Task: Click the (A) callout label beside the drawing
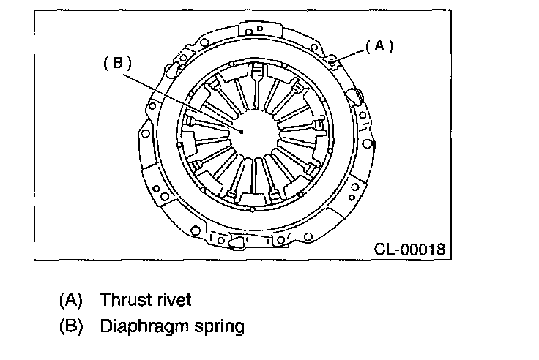pos(379,45)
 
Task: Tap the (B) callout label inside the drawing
pos(117,64)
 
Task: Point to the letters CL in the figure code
pos(384,249)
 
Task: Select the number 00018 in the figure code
pos(423,249)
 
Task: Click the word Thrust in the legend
pos(124,299)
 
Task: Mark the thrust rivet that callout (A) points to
pos(332,63)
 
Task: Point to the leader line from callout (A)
pos(349,54)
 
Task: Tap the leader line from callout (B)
pos(183,99)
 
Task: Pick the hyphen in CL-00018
pos(398,250)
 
